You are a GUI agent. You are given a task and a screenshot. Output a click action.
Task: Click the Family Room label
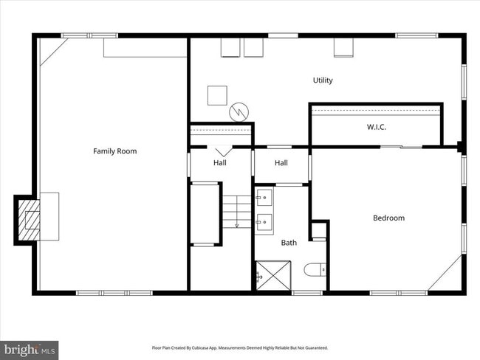click(x=114, y=151)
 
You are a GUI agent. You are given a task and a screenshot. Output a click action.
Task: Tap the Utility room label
click(x=323, y=80)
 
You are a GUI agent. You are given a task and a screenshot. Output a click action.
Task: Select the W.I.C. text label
click(x=377, y=127)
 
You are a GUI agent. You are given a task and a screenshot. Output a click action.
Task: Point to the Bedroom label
click(x=388, y=218)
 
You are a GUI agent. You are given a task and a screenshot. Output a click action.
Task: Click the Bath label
click(x=288, y=242)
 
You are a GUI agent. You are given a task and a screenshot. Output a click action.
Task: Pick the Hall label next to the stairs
click(x=220, y=162)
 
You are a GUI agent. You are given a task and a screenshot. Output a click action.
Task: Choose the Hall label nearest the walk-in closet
click(x=281, y=162)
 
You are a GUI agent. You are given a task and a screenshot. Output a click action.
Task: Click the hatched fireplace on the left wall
click(x=30, y=219)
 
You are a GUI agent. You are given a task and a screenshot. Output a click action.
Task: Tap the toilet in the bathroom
click(x=312, y=270)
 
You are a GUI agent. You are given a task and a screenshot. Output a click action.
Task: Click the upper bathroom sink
click(x=264, y=197)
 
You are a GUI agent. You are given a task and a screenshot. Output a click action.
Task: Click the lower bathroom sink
click(x=264, y=220)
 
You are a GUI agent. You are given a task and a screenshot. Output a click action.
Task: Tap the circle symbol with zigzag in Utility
click(x=238, y=111)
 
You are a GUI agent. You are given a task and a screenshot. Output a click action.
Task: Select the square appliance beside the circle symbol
click(x=217, y=95)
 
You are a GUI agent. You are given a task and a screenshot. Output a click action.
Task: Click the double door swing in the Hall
click(x=221, y=149)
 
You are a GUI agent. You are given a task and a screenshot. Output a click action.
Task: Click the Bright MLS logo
click(x=30, y=348)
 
